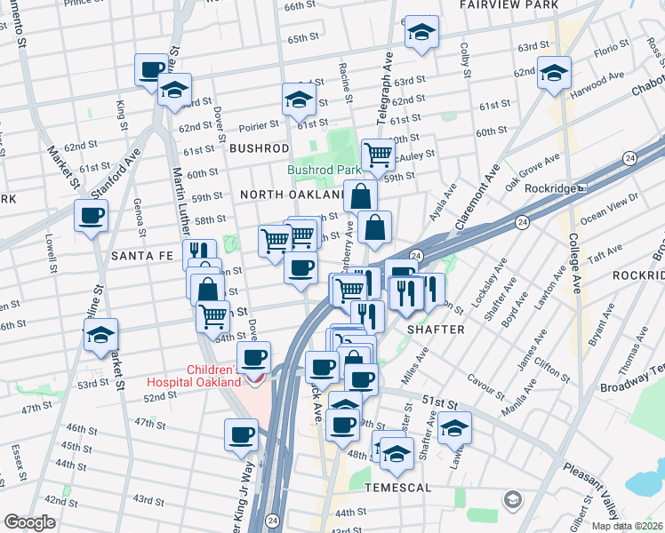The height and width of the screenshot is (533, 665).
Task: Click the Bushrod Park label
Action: (x=324, y=170)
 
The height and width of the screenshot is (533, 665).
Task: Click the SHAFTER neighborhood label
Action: (x=436, y=330)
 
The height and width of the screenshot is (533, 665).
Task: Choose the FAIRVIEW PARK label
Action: (x=509, y=5)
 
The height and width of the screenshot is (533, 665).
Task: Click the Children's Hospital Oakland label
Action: (x=213, y=376)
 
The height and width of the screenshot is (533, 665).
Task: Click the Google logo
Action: (x=29, y=522)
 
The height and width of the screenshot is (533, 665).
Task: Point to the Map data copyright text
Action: (x=626, y=526)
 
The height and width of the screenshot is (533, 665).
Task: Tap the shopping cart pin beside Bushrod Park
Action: (x=379, y=155)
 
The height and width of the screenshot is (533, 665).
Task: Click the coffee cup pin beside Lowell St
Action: (x=91, y=216)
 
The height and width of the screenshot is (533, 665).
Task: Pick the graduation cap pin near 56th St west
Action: (x=101, y=334)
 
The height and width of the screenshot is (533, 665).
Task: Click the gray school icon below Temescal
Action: (x=513, y=501)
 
